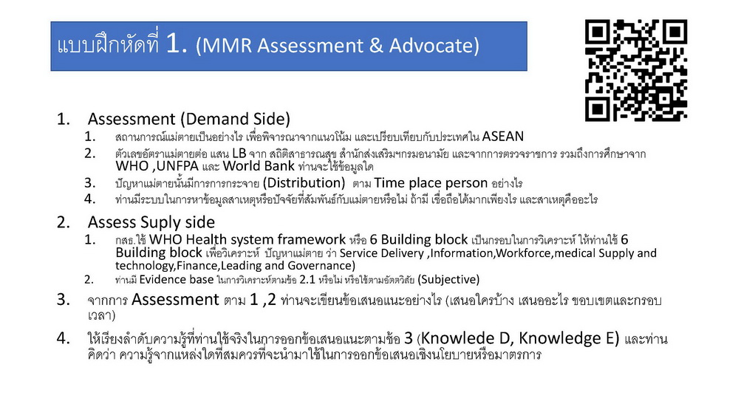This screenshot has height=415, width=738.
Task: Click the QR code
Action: click(636, 70)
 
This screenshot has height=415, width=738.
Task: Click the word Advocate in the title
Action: click(434, 46)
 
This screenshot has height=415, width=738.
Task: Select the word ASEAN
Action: click(502, 137)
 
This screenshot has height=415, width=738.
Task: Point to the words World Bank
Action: click(259, 166)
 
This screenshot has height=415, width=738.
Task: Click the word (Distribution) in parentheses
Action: click(304, 182)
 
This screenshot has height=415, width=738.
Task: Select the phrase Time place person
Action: click(431, 183)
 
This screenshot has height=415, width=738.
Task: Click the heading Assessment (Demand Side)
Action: click(188, 119)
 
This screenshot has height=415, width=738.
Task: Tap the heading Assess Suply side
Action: click(151, 222)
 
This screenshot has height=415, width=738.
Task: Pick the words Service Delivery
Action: click(381, 253)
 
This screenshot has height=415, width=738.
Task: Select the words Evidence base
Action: click(177, 279)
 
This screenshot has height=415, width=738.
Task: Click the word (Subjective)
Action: click(448, 279)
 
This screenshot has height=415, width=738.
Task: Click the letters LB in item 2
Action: click(239, 154)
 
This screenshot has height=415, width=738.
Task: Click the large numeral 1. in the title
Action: click(177, 44)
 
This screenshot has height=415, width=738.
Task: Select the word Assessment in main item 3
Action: click(175, 299)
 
